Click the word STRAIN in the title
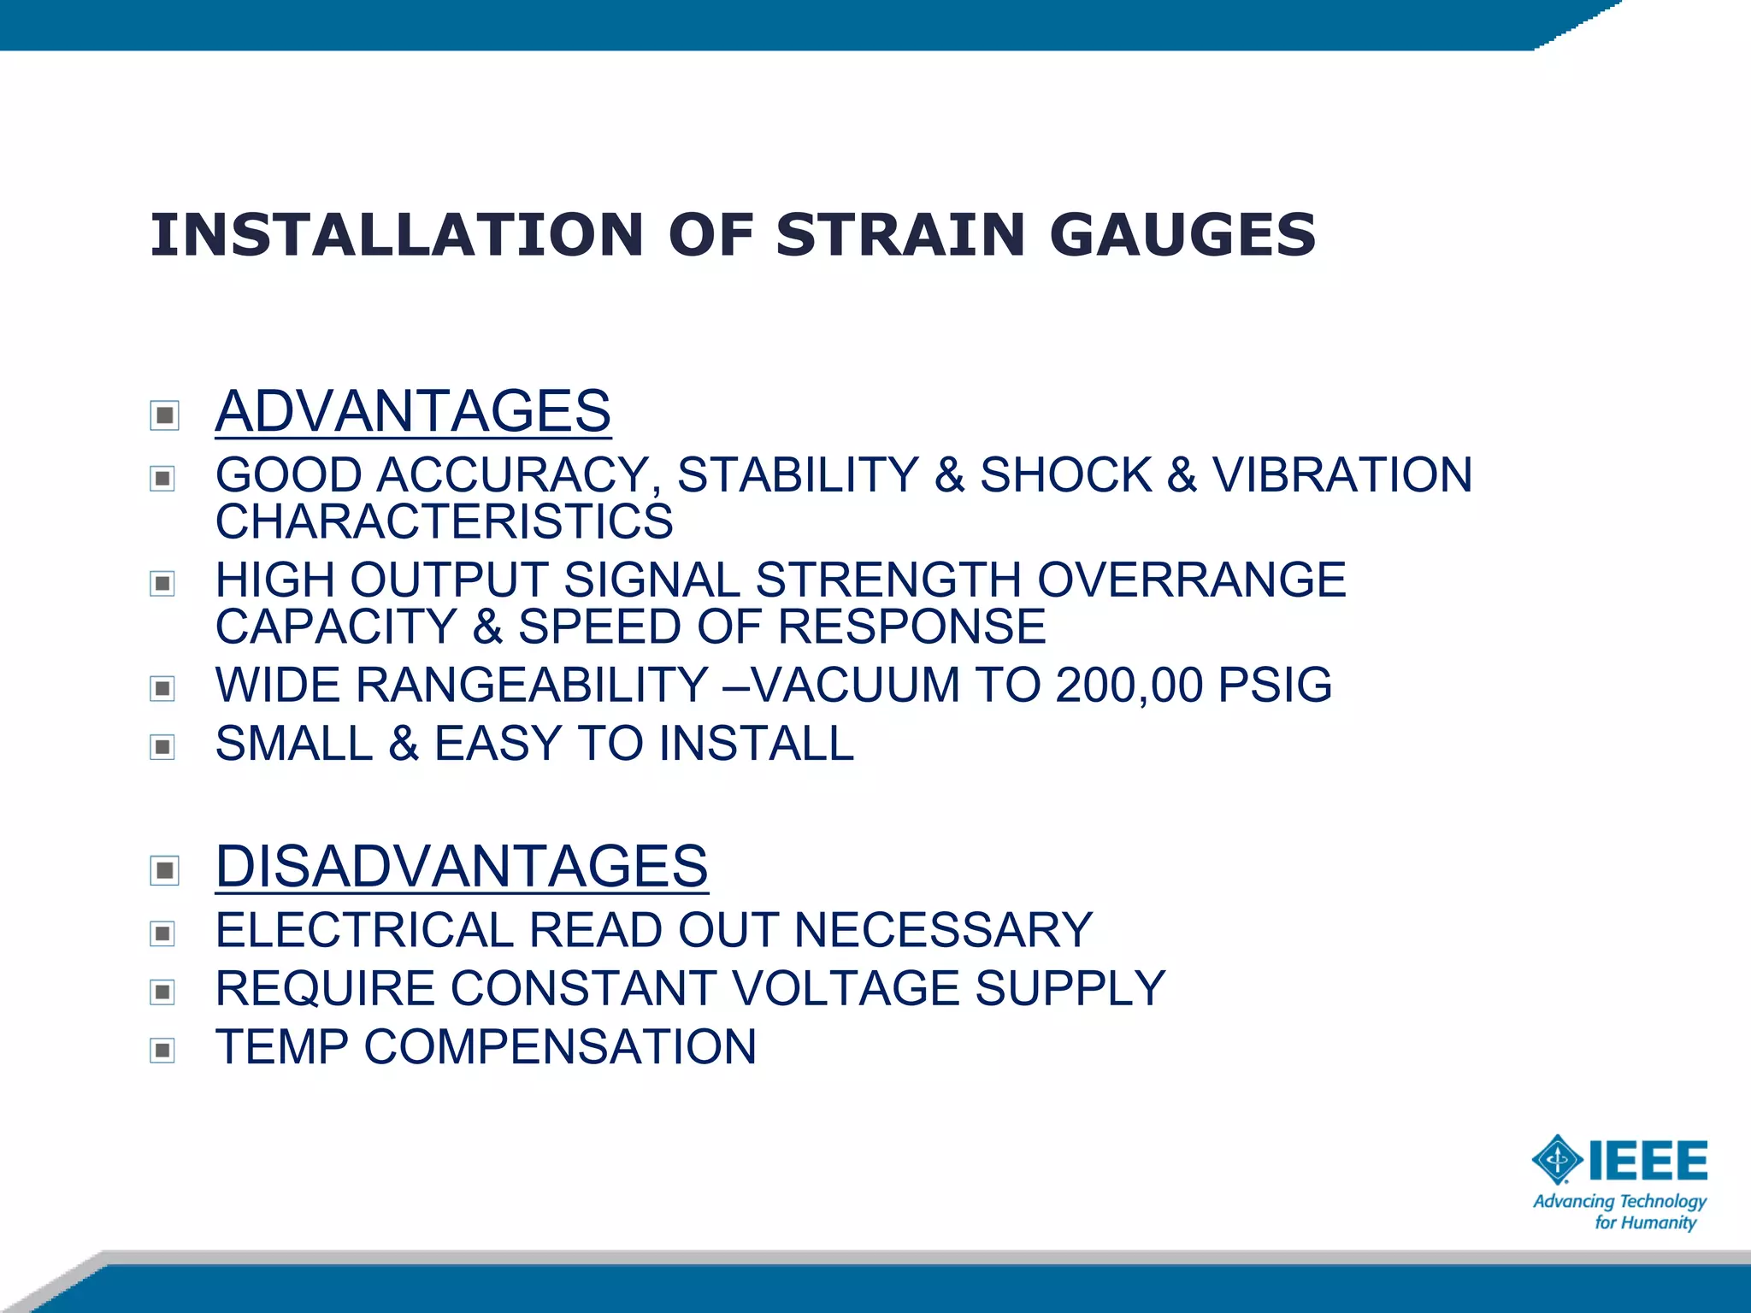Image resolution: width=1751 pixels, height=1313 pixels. (899, 235)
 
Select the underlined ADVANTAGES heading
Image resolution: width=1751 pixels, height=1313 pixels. (413, 411)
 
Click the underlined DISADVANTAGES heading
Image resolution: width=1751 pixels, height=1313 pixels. (462, 866)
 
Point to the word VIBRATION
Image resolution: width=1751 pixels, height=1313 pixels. (1342, 475)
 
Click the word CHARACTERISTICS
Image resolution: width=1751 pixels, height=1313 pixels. (444, 521)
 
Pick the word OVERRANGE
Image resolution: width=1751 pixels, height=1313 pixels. (1192, 580)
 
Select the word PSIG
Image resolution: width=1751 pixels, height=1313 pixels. (1275, 686)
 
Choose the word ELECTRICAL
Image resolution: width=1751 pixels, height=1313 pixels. (363, 930)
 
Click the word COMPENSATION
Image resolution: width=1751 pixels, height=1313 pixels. (560, 1047)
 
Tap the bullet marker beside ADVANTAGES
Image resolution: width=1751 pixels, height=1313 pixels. (163, 415)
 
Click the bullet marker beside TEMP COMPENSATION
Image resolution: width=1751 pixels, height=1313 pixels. (162, 1050)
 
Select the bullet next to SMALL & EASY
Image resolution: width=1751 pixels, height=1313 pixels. (162, 747)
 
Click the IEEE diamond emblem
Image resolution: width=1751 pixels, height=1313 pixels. (1557, 1161)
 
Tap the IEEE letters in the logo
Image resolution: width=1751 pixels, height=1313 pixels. (1648, 1161)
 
